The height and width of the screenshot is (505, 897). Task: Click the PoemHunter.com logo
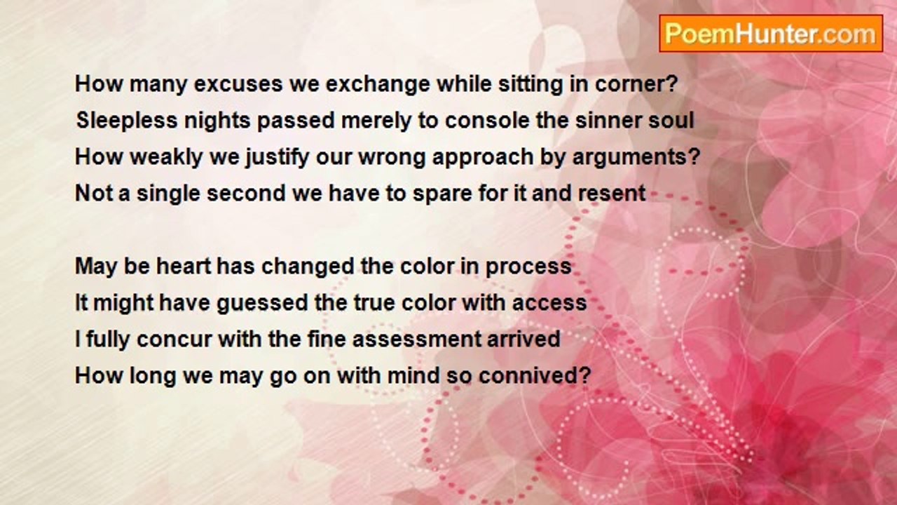click(x=771, y=34)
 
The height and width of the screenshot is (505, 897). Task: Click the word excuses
click(x=238, y=84)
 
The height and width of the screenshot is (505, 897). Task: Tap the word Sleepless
click(x=127, y=121)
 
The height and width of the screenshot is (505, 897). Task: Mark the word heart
click(x=184, y=266)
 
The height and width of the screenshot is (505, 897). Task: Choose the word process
click(x=528, y=267)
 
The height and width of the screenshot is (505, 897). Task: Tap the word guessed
click(x=262, y=302)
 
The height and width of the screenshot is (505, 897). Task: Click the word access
click(x=549, y=303)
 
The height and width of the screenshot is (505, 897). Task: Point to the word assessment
click(x=416, y=339)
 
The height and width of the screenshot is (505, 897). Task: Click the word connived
click(x=528, y=375)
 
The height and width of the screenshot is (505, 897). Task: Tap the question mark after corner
click(x=672, y=83)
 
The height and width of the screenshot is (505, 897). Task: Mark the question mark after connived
click(x=585, y=375)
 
